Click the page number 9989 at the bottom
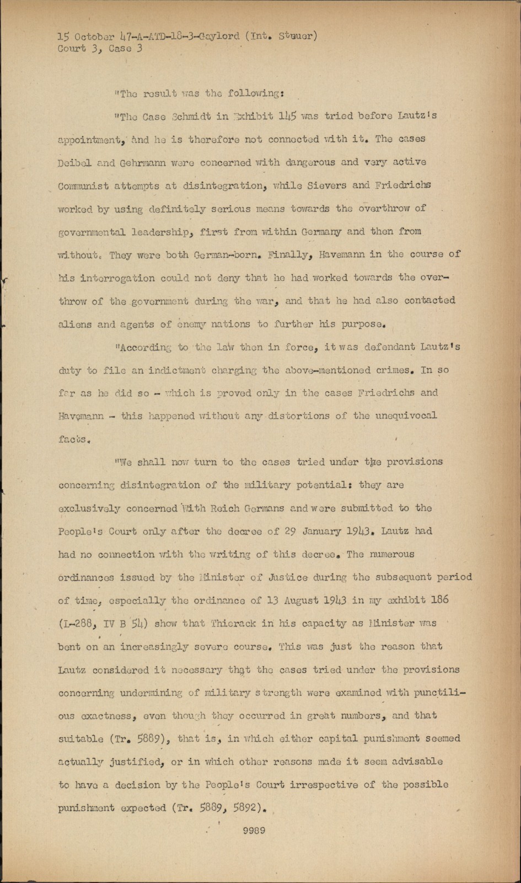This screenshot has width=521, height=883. pyautogui.click(x=254, y=831)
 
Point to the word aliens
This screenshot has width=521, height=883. pyautogui.click(x=75, y=325)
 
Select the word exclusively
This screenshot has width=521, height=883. pyautogui.click(x=89, y=508)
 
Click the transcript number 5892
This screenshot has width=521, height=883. pyautogui.click(x=249, y=808)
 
